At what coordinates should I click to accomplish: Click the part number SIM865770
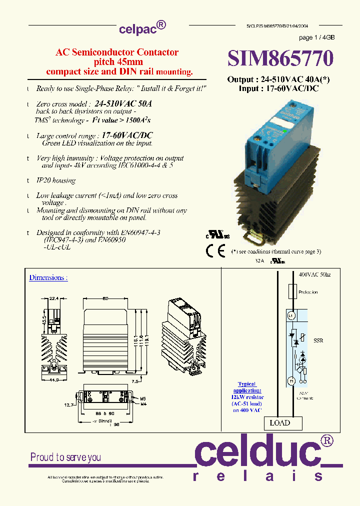click(280, 59)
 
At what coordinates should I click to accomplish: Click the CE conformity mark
click(216, 251)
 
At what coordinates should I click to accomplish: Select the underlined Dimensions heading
click(48, 277)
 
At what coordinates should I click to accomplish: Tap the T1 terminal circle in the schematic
click(291, 381)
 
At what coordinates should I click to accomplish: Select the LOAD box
click(279, 423)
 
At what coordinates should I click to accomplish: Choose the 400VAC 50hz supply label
click(314, 275)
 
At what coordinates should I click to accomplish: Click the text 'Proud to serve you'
click(65, 457)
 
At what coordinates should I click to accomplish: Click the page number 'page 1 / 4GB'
click(316, 38)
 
